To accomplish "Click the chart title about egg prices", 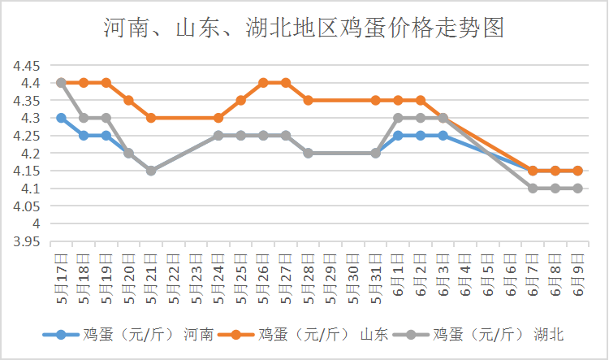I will (304, 28).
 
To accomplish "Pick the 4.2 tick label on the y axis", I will (32, 153).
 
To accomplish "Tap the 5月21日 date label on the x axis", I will (151, 276).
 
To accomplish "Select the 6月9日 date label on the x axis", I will (577, 273).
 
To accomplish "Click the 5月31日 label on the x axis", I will (376, 276).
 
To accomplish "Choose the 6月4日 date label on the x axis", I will (464, 273).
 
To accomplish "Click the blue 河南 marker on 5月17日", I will (61, 118).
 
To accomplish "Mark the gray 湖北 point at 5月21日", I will (151, 171).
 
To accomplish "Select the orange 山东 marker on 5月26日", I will (263, 82).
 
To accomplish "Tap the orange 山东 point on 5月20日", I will (128, 100).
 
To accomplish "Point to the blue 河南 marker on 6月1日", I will (398, 135).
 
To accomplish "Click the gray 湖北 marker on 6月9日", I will (577, 189).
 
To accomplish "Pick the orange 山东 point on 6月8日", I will (555, 171).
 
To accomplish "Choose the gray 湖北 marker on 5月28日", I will (308, 153).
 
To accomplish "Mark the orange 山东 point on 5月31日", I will (376, 100).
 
